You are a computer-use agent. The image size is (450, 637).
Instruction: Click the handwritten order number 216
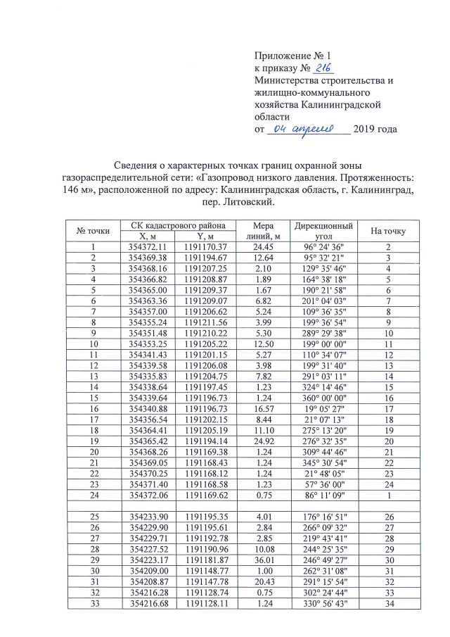(323, 68)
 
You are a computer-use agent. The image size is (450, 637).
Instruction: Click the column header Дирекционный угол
(323, 231)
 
